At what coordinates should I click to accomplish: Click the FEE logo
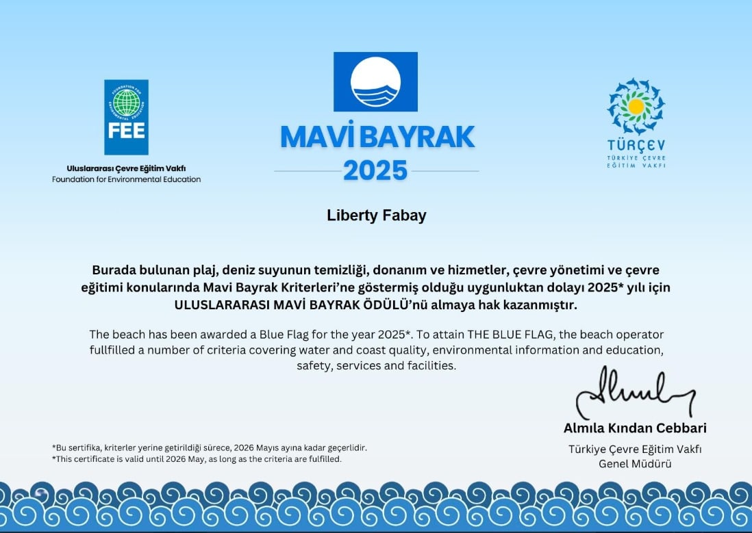pyautogui.click(x=126, y=117)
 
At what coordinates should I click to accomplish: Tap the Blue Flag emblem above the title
pyautogui.click(x=375, y=81)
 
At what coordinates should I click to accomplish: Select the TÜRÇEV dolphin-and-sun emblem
pyautogui.click(x=636, y=106)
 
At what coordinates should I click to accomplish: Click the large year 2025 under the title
pyautogui.click(x=375, y=170)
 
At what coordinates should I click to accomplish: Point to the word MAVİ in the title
pyautogui.click(x=318, y=138)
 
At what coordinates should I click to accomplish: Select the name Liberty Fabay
pyautogui.click(x=376, y=216)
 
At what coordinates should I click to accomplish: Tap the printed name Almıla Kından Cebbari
pyautogui.click(x=635, y=428)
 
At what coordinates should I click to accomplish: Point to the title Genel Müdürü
pyautogui.click(x=635, y=464)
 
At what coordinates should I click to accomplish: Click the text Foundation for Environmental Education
pyautogui.click(x=127, y=179)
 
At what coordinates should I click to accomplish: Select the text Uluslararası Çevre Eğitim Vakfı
pyautogui.click(x=127, y=168)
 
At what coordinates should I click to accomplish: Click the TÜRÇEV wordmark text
pyautogui.click(x=636, y=145)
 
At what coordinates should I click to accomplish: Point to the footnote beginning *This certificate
pyautogui.click(x=197, y=459)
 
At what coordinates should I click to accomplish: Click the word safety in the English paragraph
pyautogui.click(x=313, y=366)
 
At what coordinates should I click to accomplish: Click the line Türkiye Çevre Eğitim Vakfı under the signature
pyautogui.click(x=635, y=450)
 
